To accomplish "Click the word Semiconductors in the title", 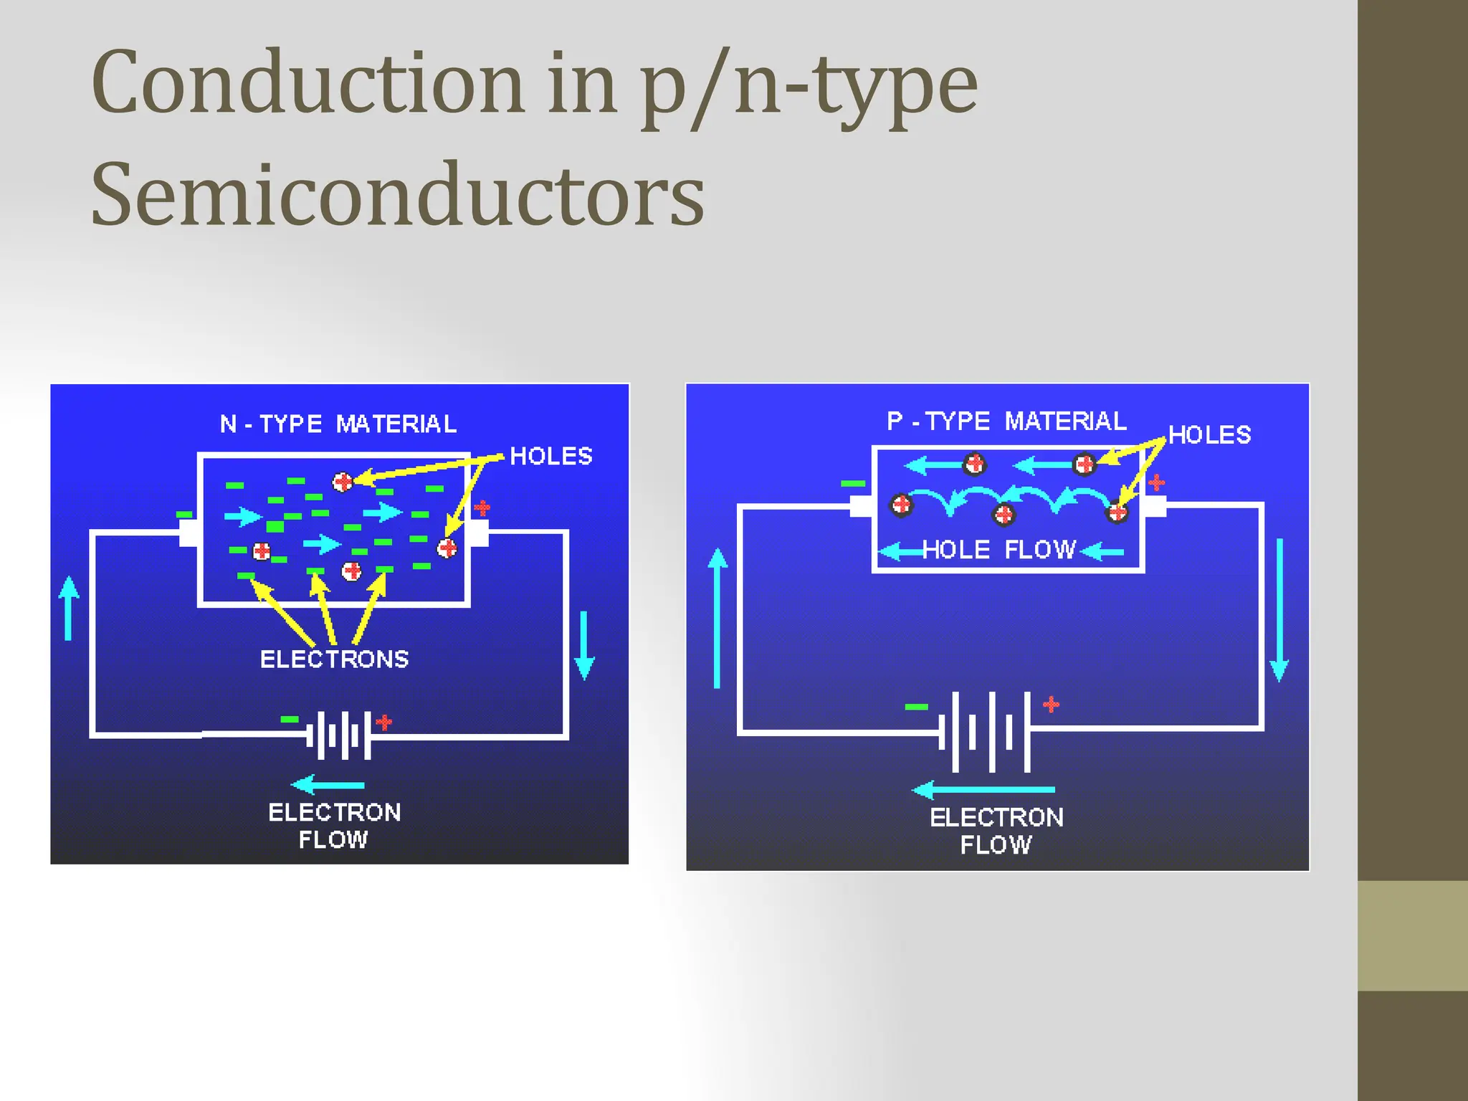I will (398, 195).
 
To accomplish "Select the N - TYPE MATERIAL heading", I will (338, 424).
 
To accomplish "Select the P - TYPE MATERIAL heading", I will (1006, 421).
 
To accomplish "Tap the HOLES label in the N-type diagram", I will (550, 456).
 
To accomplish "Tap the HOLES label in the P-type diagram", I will (1209, 434).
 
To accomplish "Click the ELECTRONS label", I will (334, 659).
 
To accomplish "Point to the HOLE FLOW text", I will (998, 550).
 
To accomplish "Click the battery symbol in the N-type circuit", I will (339, 734).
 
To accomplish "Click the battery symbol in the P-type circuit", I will (991, 731).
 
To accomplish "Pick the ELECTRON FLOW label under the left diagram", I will (334, 825).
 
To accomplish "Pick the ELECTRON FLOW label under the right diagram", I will (996, 830).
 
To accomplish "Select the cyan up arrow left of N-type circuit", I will (69, 608).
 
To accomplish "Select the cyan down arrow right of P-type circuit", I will (1279, 609).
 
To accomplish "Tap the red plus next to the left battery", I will (384, 722).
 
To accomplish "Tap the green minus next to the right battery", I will (916, 707).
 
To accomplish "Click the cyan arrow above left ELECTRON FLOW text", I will (328, 785).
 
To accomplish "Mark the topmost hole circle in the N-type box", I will (343, 482).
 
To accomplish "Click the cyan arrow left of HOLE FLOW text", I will (900, 551).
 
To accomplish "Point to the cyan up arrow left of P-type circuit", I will (718, 618).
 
